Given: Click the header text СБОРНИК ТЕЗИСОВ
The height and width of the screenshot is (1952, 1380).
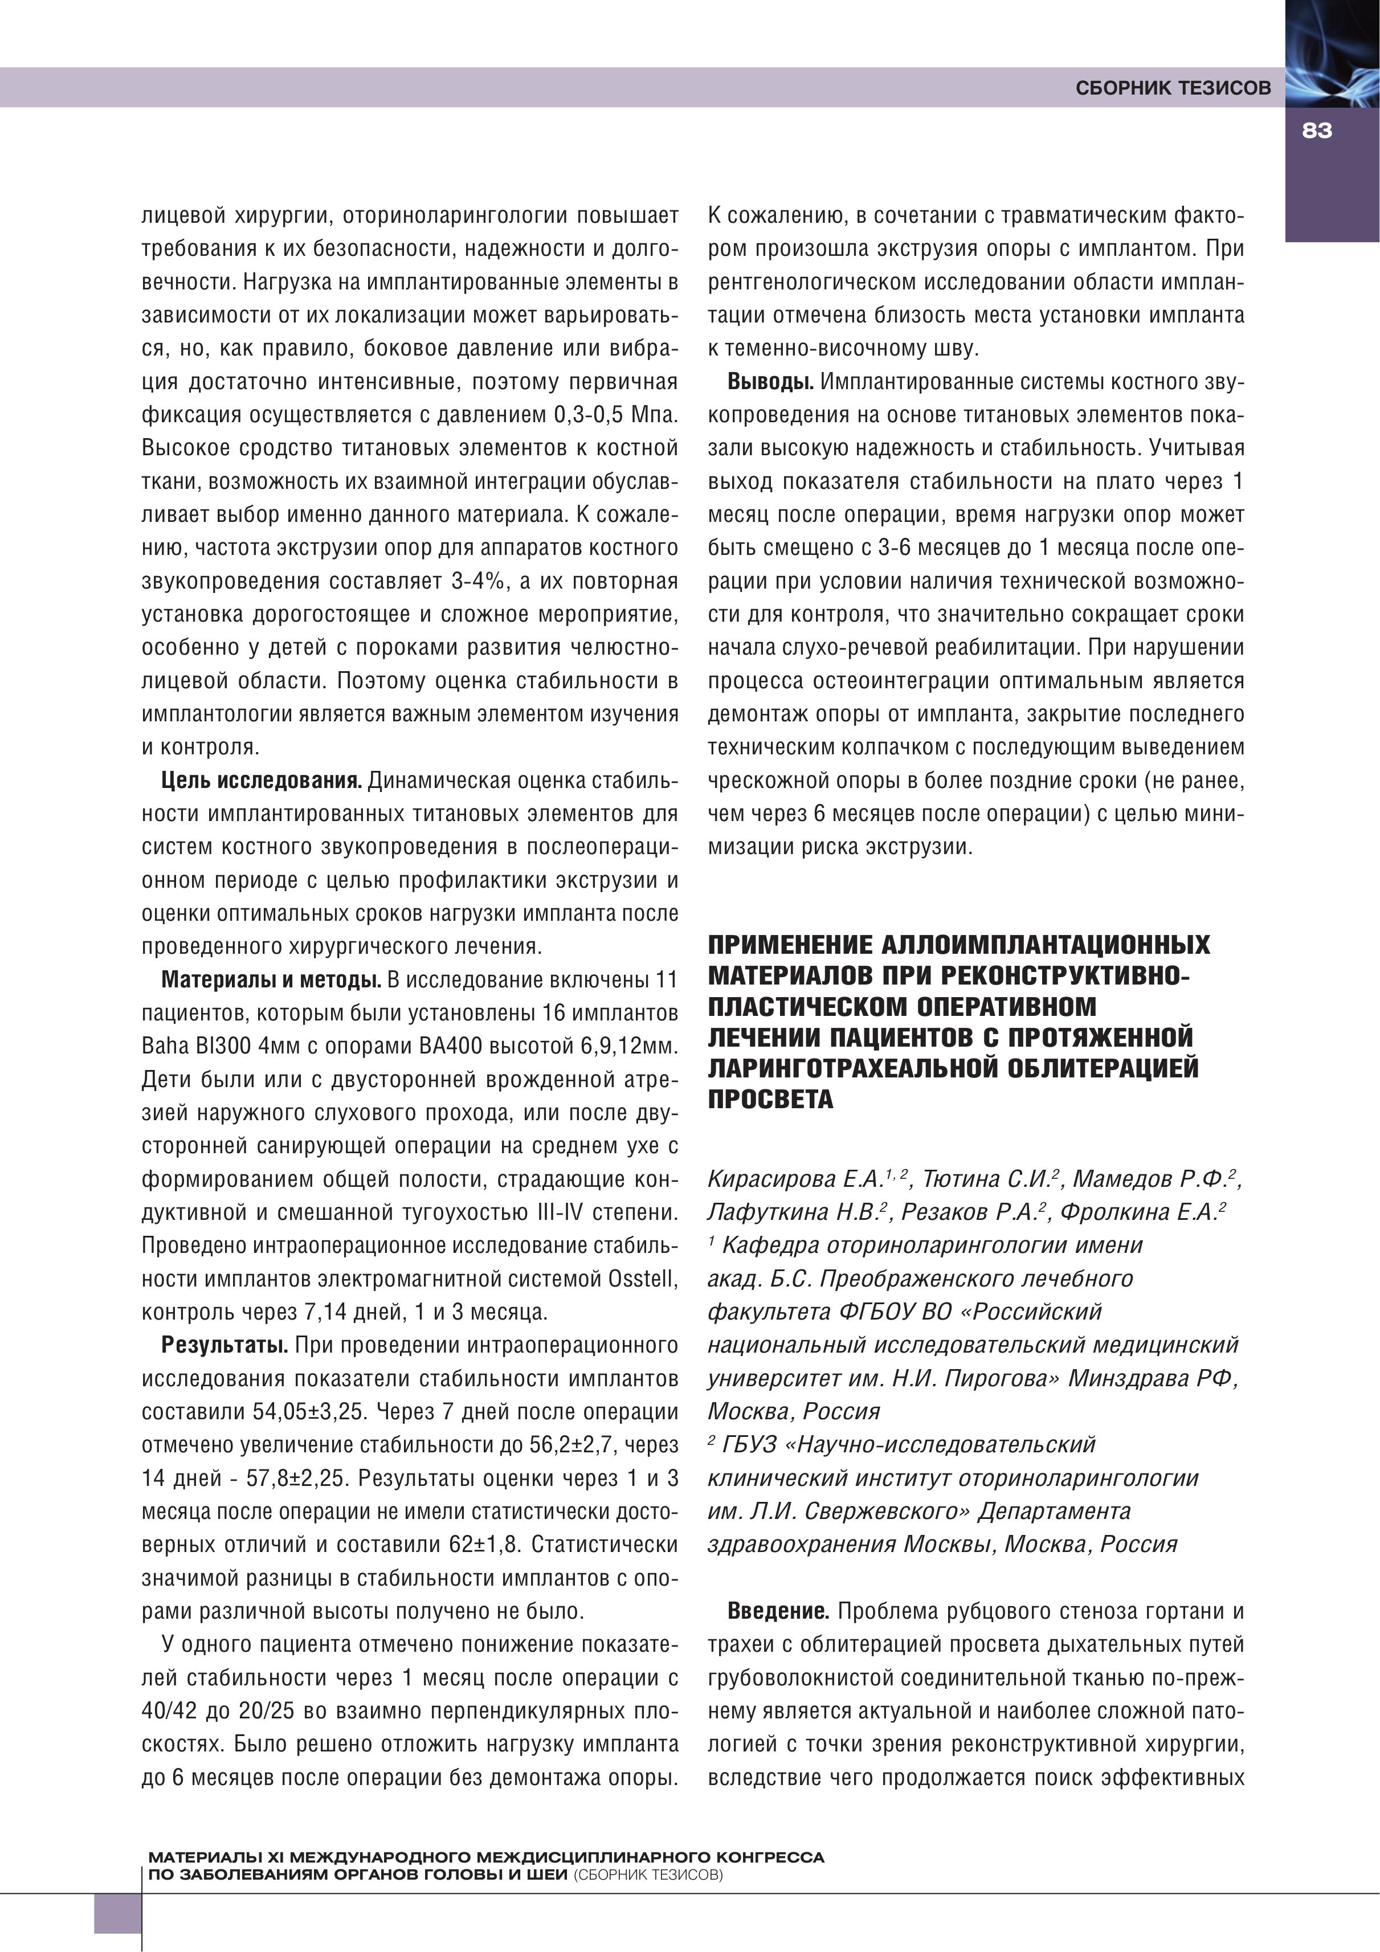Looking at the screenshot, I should point(1173,88).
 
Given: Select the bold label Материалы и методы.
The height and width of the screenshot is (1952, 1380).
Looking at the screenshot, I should point(271,979).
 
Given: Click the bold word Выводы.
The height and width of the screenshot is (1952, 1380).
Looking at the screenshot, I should point(770,382).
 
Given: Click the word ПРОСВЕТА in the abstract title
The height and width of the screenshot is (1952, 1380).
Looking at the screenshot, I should point(770,1099).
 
